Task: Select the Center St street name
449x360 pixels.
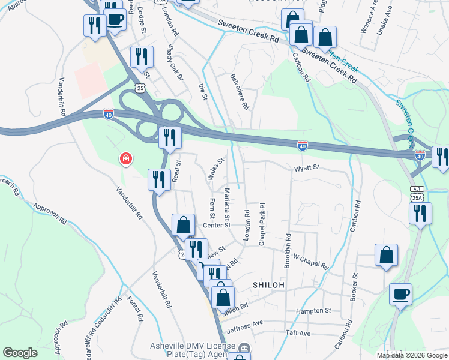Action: [x=217, y=225]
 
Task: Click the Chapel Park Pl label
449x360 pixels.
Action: [x=262, y=223]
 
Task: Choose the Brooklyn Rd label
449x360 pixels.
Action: [x=288, y=250]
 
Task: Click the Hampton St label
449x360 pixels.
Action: [x=313, y=311]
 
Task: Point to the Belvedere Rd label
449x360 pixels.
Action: [x=240, y=91]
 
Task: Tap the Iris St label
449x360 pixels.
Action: [x=203, y=91]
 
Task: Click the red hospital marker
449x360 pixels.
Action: [x=126, y=159]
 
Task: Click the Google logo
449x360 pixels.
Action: [x=20, y=353]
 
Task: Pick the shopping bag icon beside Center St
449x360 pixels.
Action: [x=184, y=226]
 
